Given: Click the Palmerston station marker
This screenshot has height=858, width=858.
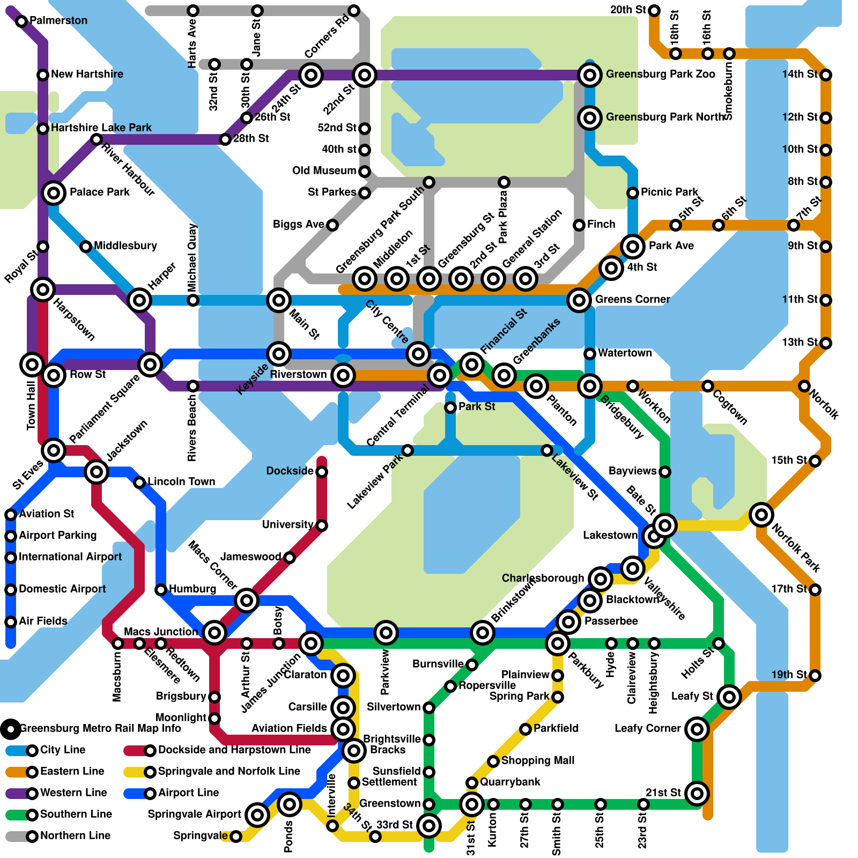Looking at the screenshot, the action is tap(21, 21).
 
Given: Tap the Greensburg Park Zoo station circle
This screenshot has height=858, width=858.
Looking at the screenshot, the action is tap(589, 75).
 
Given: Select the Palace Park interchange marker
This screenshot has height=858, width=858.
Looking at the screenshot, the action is tap(54, 193).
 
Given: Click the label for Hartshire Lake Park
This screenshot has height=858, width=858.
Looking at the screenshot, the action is tap(101, 128).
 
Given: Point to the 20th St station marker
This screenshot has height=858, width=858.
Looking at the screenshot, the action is tap(654, 11).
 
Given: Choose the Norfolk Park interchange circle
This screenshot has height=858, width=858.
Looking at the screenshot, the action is tap(761, 515).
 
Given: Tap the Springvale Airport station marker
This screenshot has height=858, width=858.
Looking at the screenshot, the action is tap(257, 815).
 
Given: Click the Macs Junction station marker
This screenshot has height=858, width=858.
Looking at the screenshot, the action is tap(214, 633).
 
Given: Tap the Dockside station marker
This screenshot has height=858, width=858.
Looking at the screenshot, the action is tap(322, 472).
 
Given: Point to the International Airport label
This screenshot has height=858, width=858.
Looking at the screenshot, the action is tap(70, 557).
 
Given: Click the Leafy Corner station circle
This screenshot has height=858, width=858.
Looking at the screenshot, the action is tap(697, 729).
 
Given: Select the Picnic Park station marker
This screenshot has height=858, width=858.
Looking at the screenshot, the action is tap(633, 193).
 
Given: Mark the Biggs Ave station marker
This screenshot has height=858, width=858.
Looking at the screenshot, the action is tap(332, 225).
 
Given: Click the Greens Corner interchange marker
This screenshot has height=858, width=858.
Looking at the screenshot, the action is tap(579, 300).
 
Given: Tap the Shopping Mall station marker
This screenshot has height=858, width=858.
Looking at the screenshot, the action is tap(493, 761).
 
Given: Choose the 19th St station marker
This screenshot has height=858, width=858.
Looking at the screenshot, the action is tap(815, 676).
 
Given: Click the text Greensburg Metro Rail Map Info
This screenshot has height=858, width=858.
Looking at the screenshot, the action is tap(100, 728).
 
